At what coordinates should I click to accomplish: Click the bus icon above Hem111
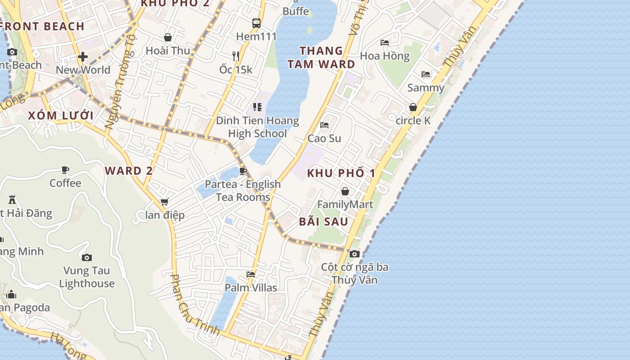[x=256, y=23]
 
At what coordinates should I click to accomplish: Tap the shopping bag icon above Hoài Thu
[x=168, y=37]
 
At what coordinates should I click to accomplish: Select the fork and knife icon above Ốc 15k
[x=235, y=56]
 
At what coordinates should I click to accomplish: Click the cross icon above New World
[x=83, y=57]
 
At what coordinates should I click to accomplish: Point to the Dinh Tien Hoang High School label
[x=257, y=127]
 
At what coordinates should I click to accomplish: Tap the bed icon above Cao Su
[x=324, y=125]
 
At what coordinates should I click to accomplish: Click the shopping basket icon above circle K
[x=413, y=107]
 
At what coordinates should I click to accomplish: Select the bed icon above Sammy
[x=425, y=74]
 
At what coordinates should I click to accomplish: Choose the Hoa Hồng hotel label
[x=385, y=56]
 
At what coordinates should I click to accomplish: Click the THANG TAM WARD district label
[x=321, y=58]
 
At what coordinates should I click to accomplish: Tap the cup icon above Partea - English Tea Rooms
[x=243, y=171]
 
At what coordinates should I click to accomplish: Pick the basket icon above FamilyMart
[x=345, y=191]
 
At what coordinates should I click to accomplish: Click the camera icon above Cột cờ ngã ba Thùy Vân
[x=355, y=254]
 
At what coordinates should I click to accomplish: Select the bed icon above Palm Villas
[x=251, y=274]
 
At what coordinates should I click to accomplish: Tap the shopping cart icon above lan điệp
[x=165, y=202]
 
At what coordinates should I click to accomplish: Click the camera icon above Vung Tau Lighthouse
[x=87, y=257]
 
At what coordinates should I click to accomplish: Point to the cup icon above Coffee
[x=66, y=170]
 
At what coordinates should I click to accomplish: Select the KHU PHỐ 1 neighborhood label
[x=341, y=173]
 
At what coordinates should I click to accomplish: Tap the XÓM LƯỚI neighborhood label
[x=61, y=116]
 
